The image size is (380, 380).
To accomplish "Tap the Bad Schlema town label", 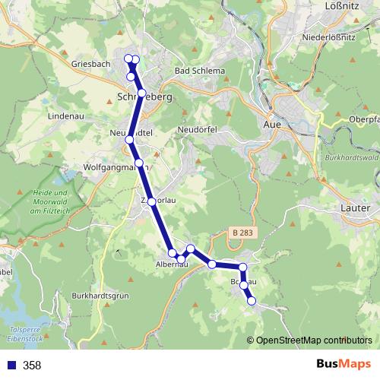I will pos(200,71).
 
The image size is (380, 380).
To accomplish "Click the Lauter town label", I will pos(356,207).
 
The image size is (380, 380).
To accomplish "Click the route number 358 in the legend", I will pos(32,365).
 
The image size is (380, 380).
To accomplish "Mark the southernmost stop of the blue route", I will pos(252,302).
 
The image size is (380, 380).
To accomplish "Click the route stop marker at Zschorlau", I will pos(152,201).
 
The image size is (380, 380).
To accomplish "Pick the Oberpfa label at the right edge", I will pos(363,119).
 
